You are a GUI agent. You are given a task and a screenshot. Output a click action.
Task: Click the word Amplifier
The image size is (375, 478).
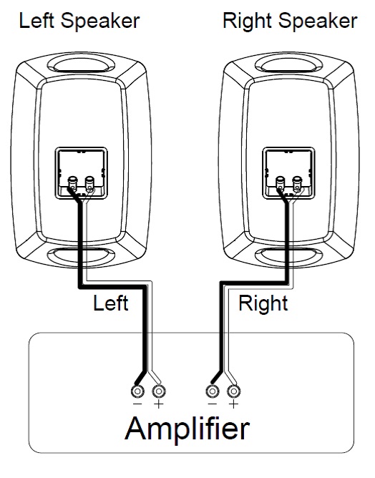[187, 429]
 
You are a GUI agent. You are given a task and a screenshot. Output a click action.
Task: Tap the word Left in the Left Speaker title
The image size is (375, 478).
[36, 21]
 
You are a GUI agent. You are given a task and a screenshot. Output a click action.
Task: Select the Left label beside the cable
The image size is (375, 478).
[110, 303]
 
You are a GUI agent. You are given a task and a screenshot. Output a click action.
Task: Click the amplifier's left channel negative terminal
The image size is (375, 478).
[137, 391]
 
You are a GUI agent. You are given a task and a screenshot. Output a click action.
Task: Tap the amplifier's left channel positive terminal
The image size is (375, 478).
[159, 391]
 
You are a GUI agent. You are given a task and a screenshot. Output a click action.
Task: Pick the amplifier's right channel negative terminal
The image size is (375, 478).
[213, 391]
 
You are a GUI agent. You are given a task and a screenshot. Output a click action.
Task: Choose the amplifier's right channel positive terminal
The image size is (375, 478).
[233, 391]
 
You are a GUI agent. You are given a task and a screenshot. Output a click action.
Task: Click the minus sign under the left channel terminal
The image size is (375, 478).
[137, 404]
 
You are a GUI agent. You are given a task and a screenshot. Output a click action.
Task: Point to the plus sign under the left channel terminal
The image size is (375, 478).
[159, 404]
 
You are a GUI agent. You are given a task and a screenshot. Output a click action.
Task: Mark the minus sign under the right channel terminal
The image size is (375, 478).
[213, 404]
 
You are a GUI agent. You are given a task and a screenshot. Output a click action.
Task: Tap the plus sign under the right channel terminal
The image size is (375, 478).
[233, 404]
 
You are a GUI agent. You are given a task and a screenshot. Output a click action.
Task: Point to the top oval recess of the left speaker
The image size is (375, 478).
[81, 64]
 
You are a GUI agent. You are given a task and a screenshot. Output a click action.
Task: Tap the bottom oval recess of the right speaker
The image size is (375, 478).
[288, 255]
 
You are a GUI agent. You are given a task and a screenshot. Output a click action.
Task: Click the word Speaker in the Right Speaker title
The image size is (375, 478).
[317, 21]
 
